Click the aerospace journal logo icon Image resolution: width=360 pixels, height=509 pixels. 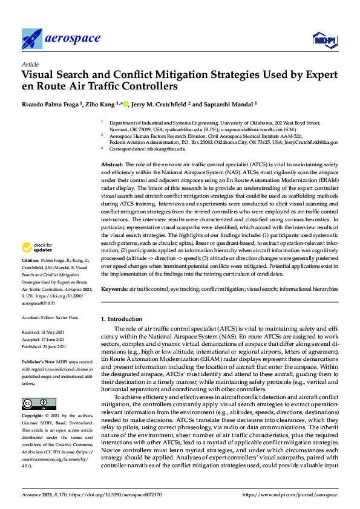coord(31,39)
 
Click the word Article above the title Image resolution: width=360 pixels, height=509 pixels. coord(30,64)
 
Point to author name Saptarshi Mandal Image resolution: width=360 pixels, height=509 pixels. coord(228,105)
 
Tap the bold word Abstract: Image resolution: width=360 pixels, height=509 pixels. coord(111,164)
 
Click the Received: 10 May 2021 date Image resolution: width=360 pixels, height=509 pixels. coord(45,332)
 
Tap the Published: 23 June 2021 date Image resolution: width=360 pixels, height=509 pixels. coord(47,345)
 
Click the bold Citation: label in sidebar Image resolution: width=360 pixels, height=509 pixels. coord(30,276)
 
